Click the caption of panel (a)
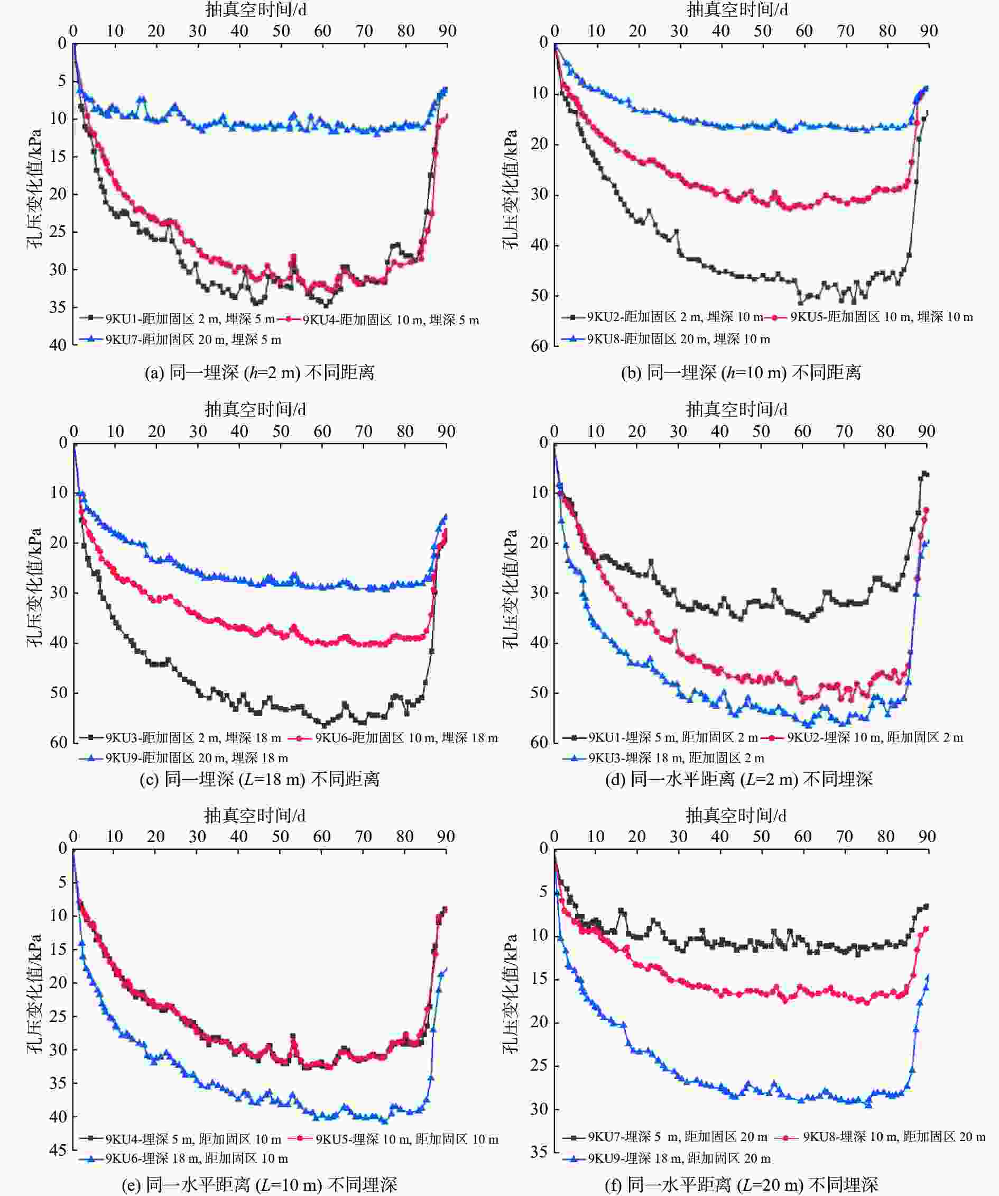coord(260,373)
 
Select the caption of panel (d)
coord(738,779)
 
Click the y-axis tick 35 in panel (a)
coord(58,307)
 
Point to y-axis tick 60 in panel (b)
coord(539,346)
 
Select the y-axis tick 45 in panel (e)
coord(58,1151)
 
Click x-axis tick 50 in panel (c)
coord(281,431)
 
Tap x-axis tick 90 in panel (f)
coord(927,837)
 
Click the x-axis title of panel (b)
coord(737,10)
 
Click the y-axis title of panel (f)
coord(510,994)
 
